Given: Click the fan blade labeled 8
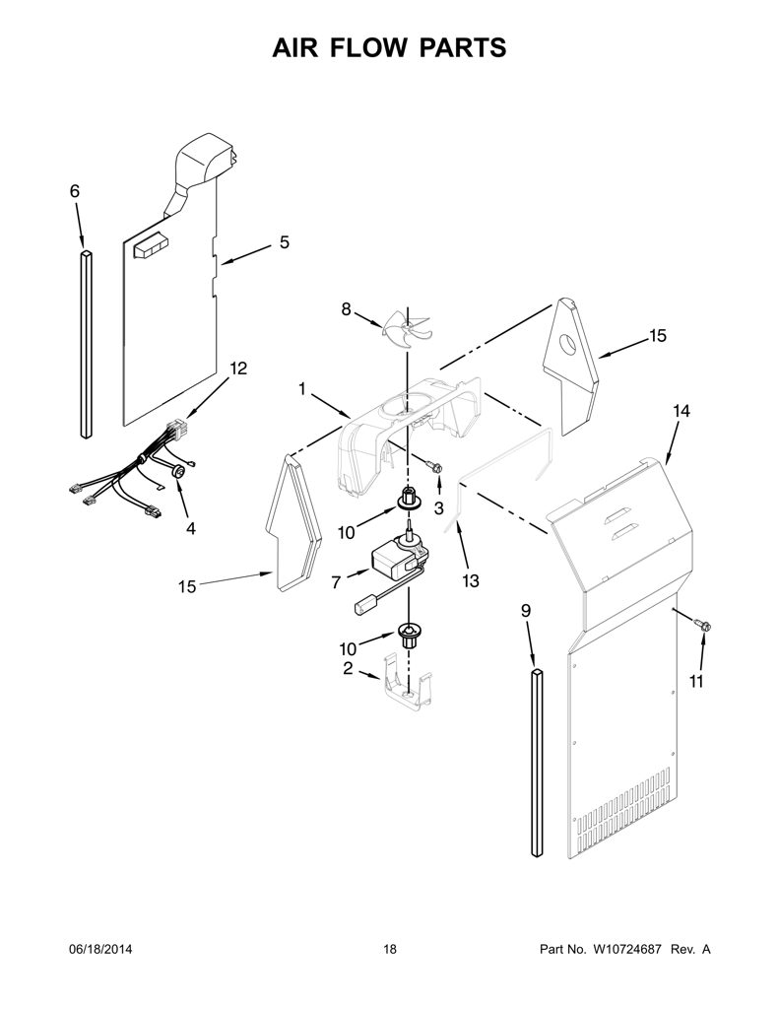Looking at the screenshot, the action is tap(405, 331).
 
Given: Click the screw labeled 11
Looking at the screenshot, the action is tap(702, 623).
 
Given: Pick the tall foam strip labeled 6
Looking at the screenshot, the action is tap(87, 344).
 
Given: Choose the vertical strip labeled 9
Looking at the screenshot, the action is tap(537, 763).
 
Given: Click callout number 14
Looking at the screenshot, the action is tap(682, 411).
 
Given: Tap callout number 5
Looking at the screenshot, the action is tap(284, 242).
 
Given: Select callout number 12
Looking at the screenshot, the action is tap(238, 369).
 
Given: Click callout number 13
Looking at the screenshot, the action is tap(470, 581).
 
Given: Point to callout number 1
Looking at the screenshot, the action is tap(301, 389).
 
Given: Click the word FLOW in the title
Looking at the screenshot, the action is tap(391, 48).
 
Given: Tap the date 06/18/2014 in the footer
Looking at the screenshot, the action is tap(100, 949).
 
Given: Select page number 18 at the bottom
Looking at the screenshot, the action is tap(390, 949).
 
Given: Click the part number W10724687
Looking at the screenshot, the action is tap(624, 949).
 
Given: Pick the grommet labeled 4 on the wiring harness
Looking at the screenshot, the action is tap(178, 473).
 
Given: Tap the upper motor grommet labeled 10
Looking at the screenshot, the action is tap(407, 498).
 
